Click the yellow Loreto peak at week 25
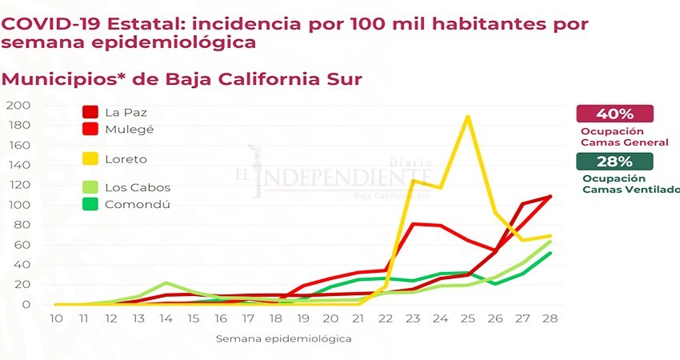point(468,117)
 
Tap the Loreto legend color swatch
point(90,159)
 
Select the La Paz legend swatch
point(90,113)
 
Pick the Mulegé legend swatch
point(90,128)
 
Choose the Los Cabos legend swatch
point(90,188)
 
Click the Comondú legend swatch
point(90,204)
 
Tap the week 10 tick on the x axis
point(57,318)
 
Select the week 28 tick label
point(550,318)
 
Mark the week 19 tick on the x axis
point(303,318)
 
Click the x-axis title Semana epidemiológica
point(282,338)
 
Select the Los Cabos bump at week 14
point(166,283)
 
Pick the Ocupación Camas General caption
point(625,136)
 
